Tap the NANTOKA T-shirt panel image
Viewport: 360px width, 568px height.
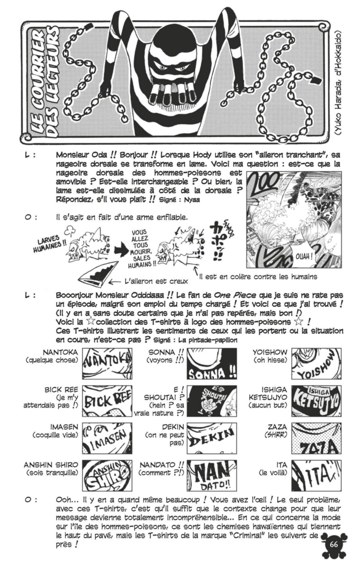tap(100, 364)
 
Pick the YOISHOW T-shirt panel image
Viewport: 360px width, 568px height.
tap(316, 364)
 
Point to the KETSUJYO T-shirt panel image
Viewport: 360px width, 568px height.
tap(316, 400)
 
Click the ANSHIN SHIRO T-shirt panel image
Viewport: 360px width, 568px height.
tap(100, 475)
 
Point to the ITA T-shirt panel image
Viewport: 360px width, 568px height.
tap(316, 475)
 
